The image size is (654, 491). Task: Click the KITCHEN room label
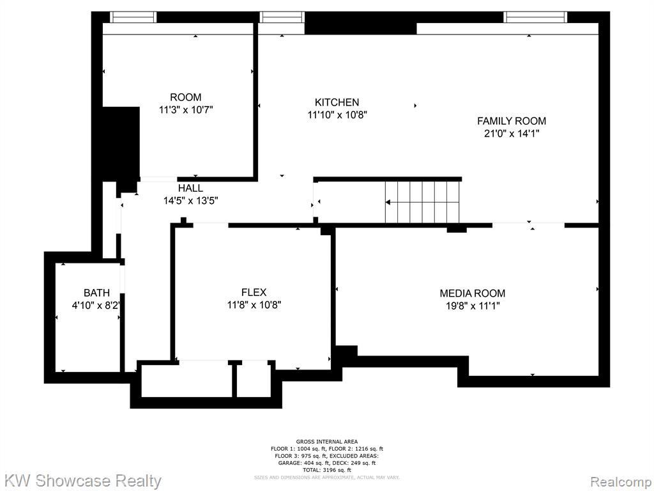click(x=337, y=102)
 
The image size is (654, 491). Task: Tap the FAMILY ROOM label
click(x=512, y=121)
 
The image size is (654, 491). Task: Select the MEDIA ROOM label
click(x=472, y=293)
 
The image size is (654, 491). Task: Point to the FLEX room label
click(x=254, y=292)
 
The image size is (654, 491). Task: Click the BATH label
click(x=97, y=293)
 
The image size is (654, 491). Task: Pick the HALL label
click(x=190, y=189)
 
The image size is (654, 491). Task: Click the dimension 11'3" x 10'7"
click(x=186, y=110)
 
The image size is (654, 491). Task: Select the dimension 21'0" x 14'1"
click(x=511, y=134)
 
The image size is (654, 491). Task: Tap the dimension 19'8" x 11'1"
click(x=473, y=306)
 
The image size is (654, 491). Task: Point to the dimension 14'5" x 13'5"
click(x=190, y=201)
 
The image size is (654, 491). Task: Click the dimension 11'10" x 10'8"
click(x=337, y=115)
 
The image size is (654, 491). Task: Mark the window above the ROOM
click(x=133, y=17)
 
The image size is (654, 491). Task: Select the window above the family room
click(x=535, y=17)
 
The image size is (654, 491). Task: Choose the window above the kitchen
click(x=282, y=17)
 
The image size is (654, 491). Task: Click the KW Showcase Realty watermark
click(x=82, y=481)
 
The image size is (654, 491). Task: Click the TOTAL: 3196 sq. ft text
click(x=327, y=470)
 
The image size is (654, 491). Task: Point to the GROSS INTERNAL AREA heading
click(x=327, y=442)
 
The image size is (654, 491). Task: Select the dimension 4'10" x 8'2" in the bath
click(x=96, y=306)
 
